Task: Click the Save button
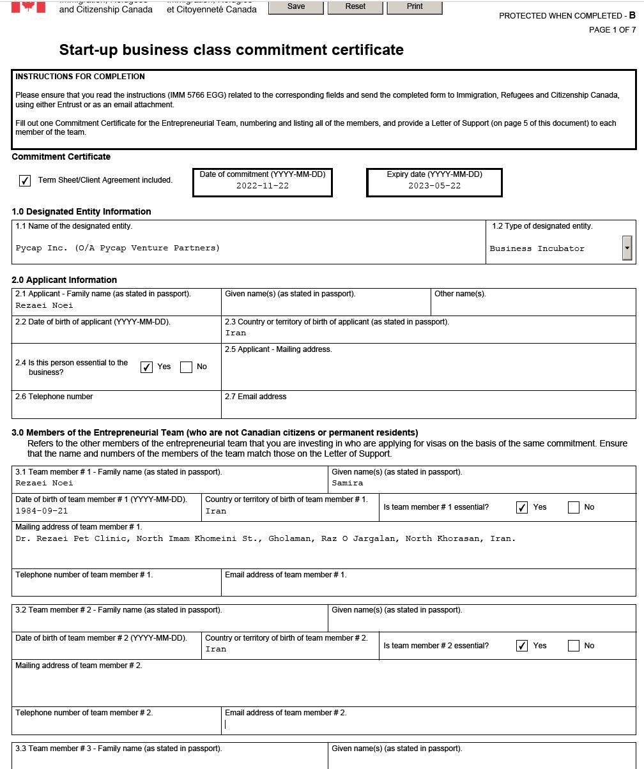tap(296, 6)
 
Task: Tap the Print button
tap(415, 6)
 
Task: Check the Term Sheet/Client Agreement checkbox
tap(25, 181)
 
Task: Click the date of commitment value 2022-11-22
tap(262, 186)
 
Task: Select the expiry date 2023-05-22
tap(434, 186)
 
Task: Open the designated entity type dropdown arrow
tap(627, 248)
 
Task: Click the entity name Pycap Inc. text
tap(118, 248)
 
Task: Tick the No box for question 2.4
tap(187, 367)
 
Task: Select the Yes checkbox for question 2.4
tap(146, 367)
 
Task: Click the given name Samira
tap(348, 483)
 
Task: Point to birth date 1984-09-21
tap(42, 511)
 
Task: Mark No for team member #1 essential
tap(574, 507)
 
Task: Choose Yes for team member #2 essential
tap(522, 646)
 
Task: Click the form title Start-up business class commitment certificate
tap(231, 50)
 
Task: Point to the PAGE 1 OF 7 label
tap(612, 30)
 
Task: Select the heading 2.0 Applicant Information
tap(64, 280)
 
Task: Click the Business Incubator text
tap(537, 248)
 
